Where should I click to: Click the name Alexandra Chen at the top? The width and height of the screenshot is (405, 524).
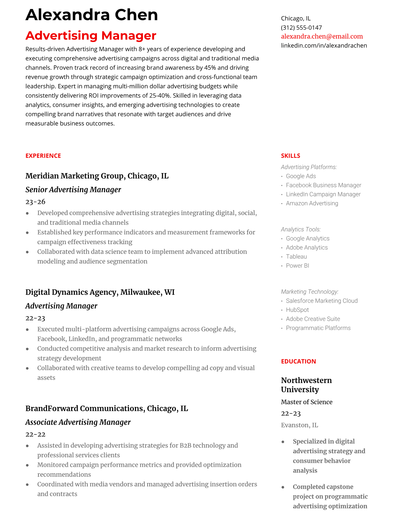[92, 15]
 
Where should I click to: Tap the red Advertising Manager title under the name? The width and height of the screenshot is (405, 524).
[91, 35]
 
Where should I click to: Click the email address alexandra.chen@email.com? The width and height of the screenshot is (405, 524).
[322, 36]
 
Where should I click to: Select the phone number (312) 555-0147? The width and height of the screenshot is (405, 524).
[301, 27]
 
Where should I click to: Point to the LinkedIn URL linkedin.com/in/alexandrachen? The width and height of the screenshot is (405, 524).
[324, 45]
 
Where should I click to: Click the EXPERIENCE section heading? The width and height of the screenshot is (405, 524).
[43, 156]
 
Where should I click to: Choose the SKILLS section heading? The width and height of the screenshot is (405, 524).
[290, 156]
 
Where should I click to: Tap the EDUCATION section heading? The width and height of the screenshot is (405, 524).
[298, 361]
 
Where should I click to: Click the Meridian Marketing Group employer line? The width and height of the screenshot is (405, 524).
[97, 176]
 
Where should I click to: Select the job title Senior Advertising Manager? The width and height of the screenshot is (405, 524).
[73, 190]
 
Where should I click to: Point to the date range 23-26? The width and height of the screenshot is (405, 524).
[35, 202]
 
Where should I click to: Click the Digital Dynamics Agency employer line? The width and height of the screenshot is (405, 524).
[100, 292]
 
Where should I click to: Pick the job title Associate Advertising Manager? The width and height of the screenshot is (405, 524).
[78, 422]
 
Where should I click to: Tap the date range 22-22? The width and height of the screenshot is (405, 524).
[35, 434]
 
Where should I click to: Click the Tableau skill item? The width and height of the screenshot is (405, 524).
[296, 256]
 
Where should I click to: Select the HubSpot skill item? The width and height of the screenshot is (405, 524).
[297, 310]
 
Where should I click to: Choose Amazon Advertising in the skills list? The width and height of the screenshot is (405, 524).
[312, 203]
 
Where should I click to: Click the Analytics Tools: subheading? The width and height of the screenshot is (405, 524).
[300, 229]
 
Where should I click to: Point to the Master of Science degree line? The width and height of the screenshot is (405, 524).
[306, 402]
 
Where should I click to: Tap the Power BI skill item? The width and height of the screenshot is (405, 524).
[297, 265]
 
